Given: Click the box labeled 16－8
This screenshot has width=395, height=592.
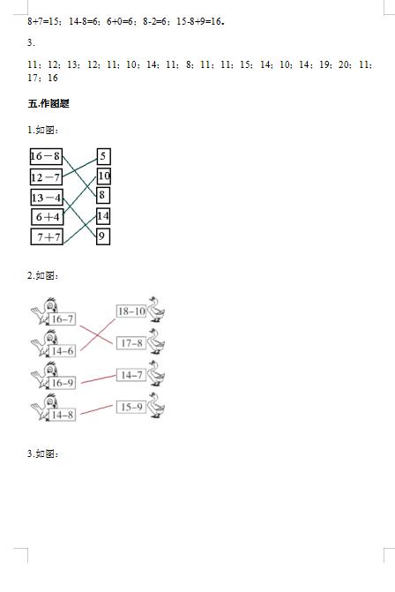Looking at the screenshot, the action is click(x=46, y=156).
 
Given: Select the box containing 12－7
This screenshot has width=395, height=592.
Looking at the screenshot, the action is click(x=46, y=176).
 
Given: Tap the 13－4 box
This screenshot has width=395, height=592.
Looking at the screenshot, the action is click(x=47, y=197).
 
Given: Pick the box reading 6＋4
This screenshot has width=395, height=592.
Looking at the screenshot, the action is click(x=47, y=217).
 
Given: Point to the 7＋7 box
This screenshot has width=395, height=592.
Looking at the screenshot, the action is click(x=47, y=236).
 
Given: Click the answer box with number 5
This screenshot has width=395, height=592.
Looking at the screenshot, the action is click(x=104, y=156).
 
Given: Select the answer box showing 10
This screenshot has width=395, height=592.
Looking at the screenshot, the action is click(x=104, y=176).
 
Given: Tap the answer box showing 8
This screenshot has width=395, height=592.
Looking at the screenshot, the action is click(x=103, y=195).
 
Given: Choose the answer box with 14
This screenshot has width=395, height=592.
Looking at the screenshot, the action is click(x=103, y=216).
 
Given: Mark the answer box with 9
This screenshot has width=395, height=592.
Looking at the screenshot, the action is click(x=103, y=236).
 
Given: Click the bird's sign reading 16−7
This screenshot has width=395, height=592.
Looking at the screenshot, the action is click(x=63, y=319).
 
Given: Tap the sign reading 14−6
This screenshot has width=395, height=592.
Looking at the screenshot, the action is click(x=63, y=351).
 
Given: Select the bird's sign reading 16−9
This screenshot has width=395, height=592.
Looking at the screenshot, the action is click(x=63, y=383).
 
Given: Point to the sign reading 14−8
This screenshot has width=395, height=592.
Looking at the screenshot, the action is click(x=63, y=415).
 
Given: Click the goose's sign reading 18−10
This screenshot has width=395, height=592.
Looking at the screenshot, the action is click(x=131, y=311).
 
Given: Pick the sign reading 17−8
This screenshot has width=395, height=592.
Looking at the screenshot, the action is click(x=131, y=343).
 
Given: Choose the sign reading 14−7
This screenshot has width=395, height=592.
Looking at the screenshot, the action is click(x=131, y=375).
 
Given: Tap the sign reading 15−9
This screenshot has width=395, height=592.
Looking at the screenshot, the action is click(x=131, y=407).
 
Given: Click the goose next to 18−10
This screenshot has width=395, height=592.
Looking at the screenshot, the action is click(x=156, y=309).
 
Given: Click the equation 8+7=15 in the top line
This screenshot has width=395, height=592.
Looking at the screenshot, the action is click(x=43, y=21).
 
